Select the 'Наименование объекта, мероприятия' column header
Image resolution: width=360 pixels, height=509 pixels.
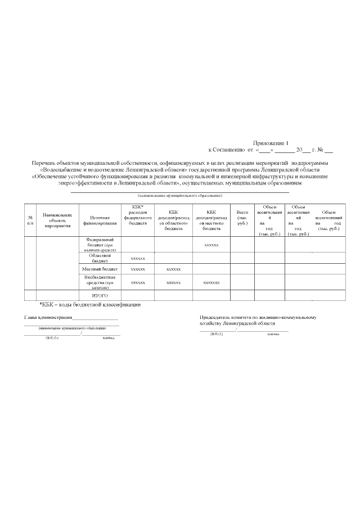click(57, 220)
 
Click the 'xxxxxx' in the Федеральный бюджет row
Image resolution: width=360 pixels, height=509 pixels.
click(211, 245)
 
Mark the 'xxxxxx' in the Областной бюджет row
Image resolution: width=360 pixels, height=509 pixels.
click(137, 258)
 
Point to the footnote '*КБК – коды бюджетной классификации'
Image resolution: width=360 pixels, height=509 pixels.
click(89, 305)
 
